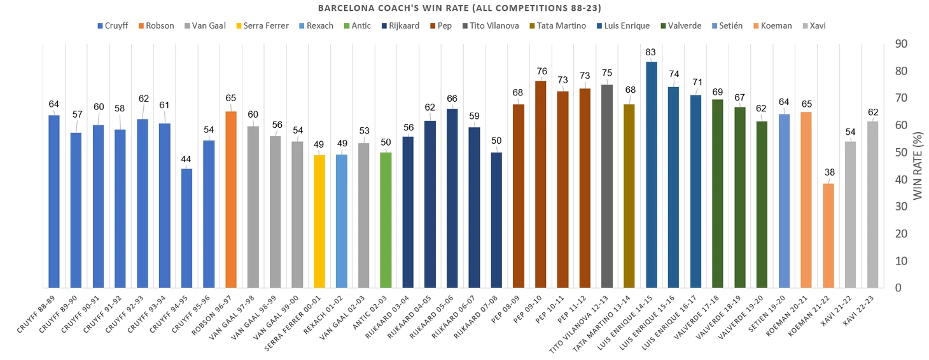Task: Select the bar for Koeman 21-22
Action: [x=828, y=235]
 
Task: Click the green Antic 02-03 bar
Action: [x=386, y=220]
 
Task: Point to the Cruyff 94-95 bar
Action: [x=187, y=228]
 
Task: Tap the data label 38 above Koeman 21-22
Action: [x=828, y=172]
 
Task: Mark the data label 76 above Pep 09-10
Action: [x=541, y=71]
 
